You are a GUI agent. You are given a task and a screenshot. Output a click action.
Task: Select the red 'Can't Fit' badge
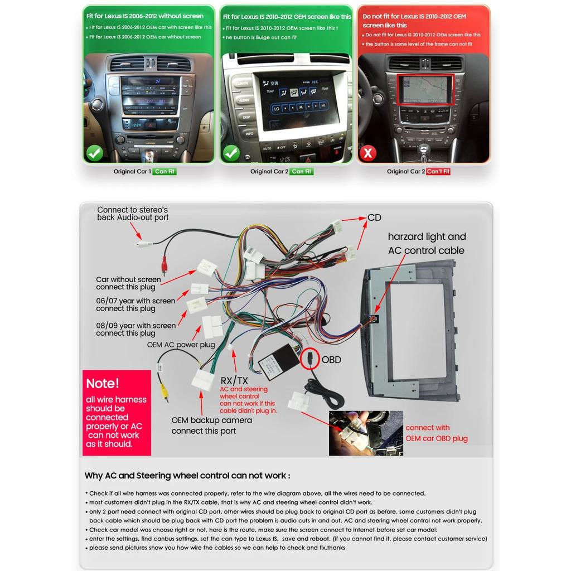click(438, 172)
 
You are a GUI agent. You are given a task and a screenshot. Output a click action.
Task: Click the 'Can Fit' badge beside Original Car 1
click(165, 172)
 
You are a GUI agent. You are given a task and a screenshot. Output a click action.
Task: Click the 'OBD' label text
click(331, 360)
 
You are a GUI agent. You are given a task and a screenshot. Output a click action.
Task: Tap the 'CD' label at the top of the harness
click(374, 217)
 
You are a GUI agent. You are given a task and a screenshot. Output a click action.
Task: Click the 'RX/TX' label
click(235, 380)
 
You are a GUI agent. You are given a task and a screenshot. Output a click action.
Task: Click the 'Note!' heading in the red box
click(103, 384)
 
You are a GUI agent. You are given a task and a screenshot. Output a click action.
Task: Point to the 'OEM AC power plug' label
click(181, 345)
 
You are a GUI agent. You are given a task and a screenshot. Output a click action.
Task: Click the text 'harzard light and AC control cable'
click(427, 244)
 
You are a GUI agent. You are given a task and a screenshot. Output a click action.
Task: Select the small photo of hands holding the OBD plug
click(365, 433)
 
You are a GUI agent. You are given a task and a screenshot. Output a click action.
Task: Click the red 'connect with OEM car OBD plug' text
click(436, 433)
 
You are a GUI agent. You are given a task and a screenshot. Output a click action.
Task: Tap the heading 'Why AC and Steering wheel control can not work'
click(187, 476)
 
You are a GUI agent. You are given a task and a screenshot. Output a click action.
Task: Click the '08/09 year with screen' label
click(136, 329)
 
